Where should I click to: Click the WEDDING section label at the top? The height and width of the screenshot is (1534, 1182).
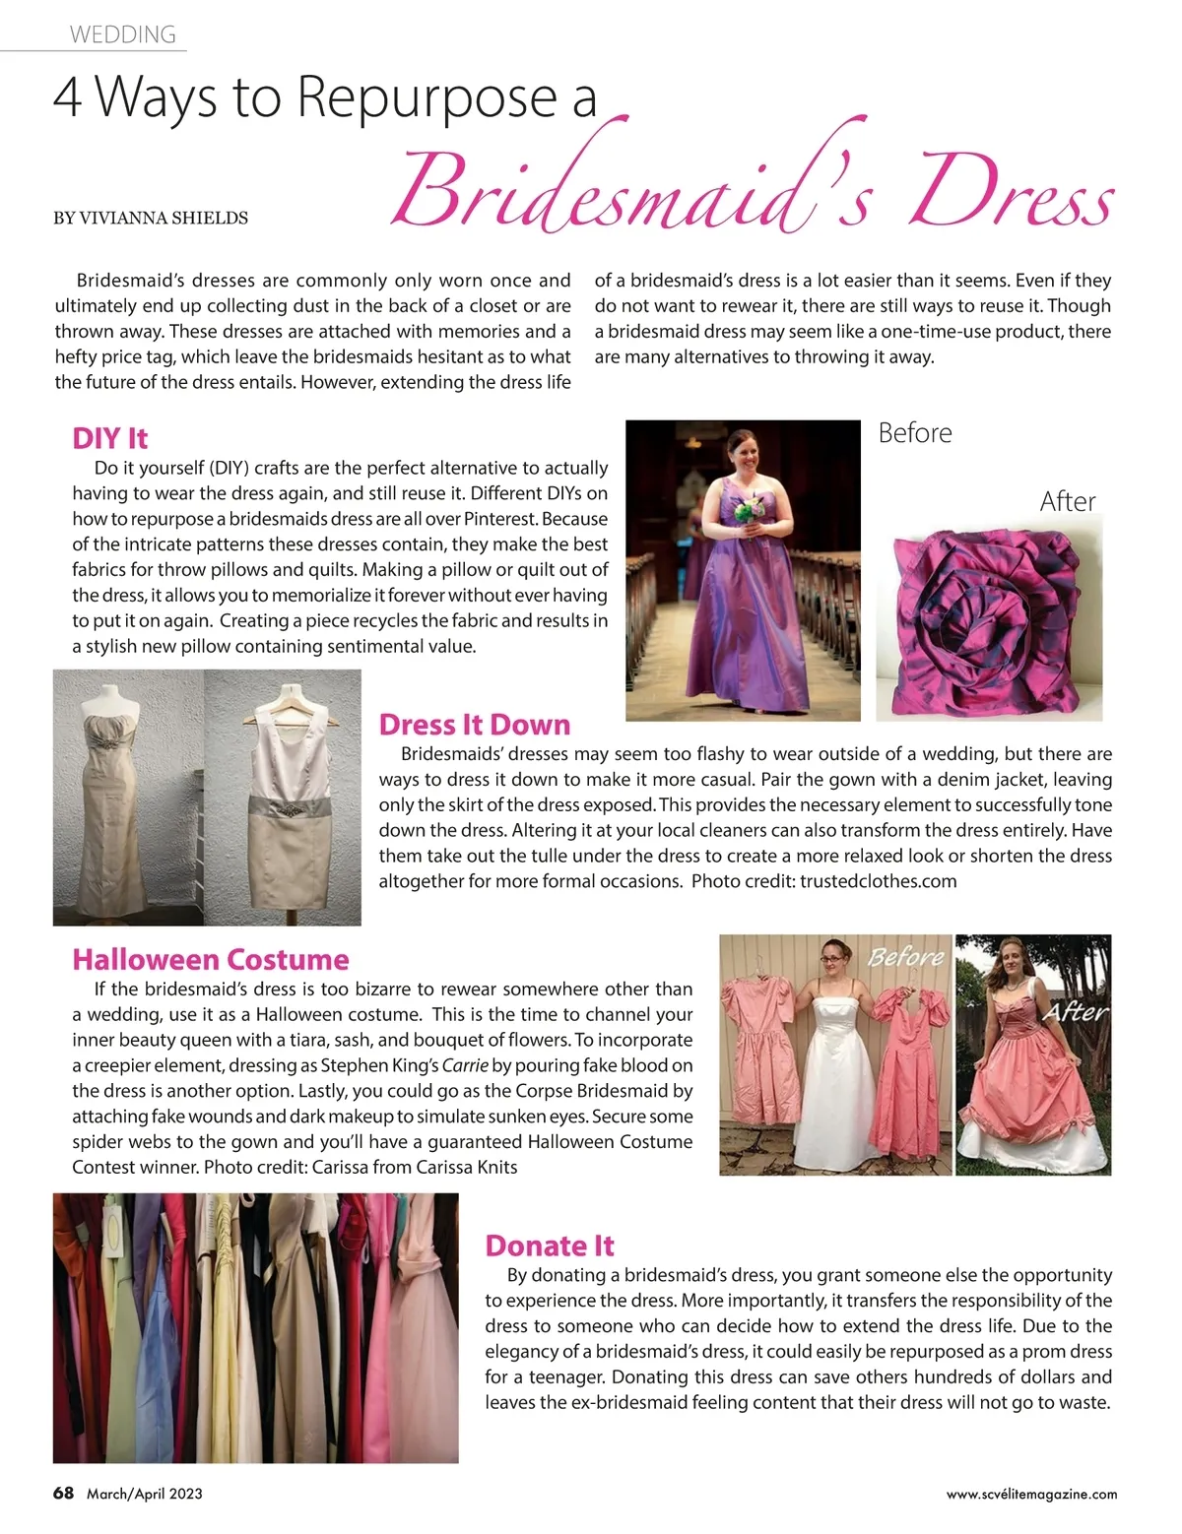[x=122, y=34]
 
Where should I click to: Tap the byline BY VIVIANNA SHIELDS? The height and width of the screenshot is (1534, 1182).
[x=151, y=218]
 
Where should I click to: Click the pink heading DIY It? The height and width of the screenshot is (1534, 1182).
[x=109, y=438]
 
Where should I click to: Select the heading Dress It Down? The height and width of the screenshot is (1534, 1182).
[x=475, y=725]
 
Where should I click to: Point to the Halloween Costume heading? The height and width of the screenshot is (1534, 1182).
[x=211, y=960]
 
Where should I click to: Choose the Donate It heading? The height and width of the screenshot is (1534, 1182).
[x=550, y=1246]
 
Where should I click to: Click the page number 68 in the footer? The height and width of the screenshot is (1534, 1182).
[x=63, y=1493]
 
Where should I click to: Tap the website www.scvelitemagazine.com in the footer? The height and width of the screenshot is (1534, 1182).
[x=1031, y=1494]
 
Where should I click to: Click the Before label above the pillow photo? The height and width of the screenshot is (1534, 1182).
[x=915, y=433]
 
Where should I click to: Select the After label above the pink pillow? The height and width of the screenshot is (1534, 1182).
[x=1068, y=502]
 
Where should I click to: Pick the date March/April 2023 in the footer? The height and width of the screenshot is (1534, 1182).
[x=145, y=1494]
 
